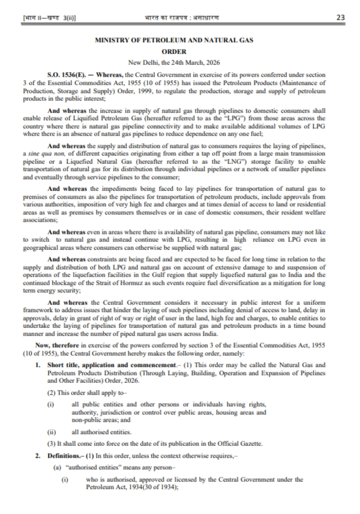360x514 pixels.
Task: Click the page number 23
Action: point(340,17)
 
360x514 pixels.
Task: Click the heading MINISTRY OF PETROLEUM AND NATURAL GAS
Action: point(174,40)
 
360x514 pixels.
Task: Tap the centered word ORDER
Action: point(174,52)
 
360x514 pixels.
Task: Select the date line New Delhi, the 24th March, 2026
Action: point(174,62)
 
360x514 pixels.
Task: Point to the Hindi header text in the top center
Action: point(182,17)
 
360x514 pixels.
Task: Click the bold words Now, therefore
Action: point(57,345)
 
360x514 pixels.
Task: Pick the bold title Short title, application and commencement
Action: point(111,365)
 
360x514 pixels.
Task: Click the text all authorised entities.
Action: point(101,432)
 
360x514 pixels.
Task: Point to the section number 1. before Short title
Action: point(38,365)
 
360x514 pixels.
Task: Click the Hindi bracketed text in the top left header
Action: point(49,18)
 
